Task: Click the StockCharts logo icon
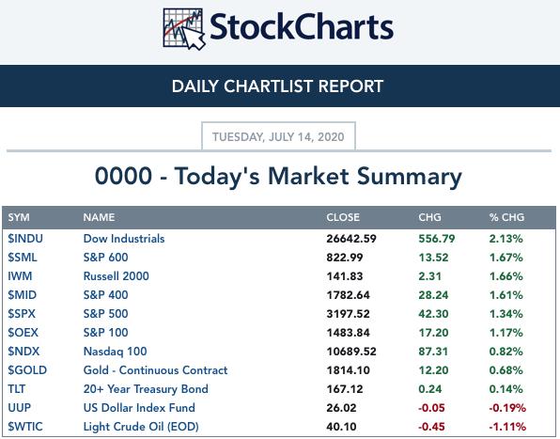(184, 28)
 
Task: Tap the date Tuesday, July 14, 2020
(278, 137)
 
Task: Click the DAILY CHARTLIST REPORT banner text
(277, 86)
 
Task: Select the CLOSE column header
(343, 217)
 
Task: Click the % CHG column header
(506, 217)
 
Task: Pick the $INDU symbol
(25, 238)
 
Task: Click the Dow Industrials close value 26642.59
(351, 239)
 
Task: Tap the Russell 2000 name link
(117, 276)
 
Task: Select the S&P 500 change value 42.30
(433, 314)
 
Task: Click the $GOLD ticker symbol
(27, 370)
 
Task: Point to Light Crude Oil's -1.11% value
(507, 427)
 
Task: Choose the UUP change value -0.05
(431, 408)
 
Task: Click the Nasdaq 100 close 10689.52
(351, 352)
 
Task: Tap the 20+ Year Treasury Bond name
(146, 389)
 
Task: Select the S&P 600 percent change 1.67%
(506, 258)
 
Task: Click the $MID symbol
(23, 294)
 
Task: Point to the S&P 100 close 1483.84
(349, 333)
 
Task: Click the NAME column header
(99, 217)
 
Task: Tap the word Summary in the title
(410, 177)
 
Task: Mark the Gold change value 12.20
(433, 370)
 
